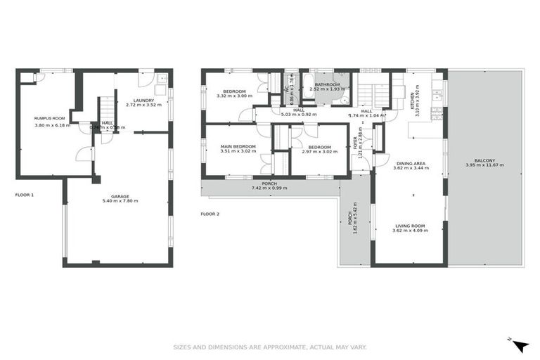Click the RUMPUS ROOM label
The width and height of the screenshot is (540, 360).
click(x=49, y=118)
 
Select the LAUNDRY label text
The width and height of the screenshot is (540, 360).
click(x=144, y=100)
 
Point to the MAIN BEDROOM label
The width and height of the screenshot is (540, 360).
click(x=238, y=146)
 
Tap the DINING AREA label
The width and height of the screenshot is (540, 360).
click(x=410, y=163)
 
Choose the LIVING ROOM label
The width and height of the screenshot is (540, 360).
click(x=410, y=226)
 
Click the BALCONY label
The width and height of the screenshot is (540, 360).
click(x=485, y=160)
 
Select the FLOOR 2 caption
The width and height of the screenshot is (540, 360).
click(x=210, y=213)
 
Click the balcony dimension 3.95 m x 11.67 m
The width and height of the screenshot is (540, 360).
click(x=485, y=165)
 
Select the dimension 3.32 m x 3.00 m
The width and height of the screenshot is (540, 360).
click(x=234, y=97)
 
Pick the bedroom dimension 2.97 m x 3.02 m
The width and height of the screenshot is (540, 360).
click(x=319, y=151)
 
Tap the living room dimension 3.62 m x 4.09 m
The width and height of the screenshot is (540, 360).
click(x=410, y=231)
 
